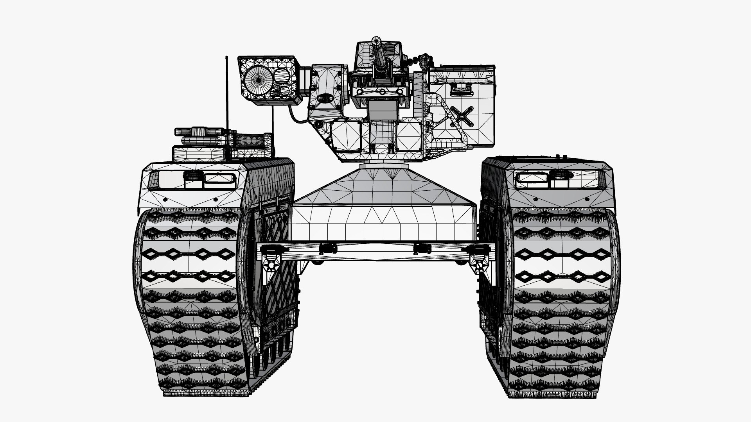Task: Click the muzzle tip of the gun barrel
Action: click(376, 41)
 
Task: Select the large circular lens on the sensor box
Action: click(256, 78)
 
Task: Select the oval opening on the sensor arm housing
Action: click(324, 99)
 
